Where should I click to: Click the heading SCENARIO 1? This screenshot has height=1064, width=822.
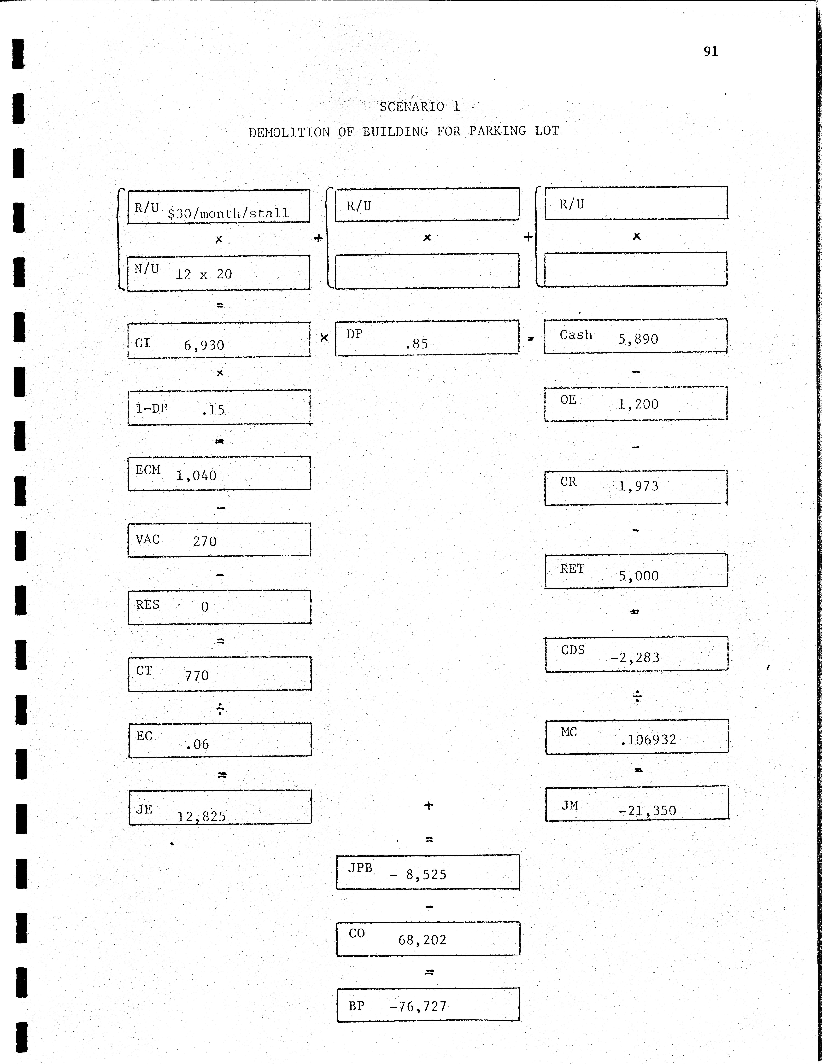420,107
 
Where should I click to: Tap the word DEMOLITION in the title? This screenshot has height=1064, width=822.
289,133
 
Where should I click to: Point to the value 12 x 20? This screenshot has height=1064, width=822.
204,274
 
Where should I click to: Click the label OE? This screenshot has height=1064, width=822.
568,400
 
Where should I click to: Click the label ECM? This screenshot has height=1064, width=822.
148,470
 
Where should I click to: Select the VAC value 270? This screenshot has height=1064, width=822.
205,541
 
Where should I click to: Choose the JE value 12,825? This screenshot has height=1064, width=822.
201,817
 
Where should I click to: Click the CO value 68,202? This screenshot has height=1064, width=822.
422,940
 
